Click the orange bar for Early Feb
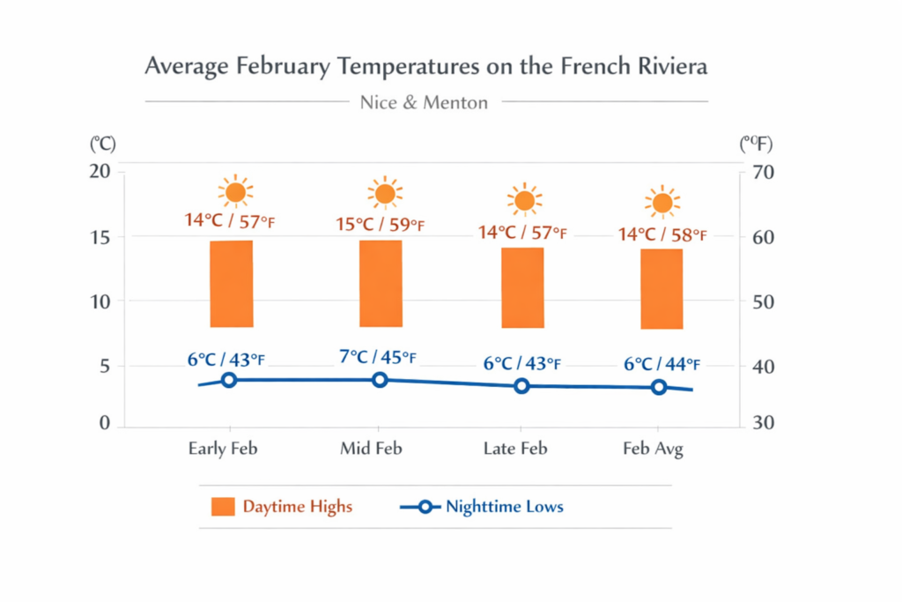(232, 284)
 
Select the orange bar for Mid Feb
(381, 284)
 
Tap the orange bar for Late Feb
(523, 287)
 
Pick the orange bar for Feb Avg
(662, 289)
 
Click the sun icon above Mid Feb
(385, 193)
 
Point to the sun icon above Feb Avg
(662, 203)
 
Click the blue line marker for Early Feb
(229, 380)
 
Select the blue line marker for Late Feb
(521, 386)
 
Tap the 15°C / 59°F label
(381, 225)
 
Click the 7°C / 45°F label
(377, 357)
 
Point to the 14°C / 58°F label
(662, 234)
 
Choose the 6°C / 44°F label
(662, 364)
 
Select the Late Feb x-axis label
(515, 449)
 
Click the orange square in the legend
(223, 507)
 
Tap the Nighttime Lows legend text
(504, 507)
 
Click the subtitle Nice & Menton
(424, 102)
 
